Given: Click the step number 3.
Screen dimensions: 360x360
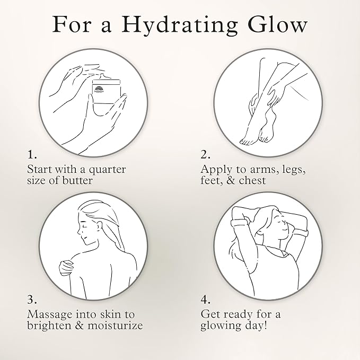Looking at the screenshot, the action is (32, 300).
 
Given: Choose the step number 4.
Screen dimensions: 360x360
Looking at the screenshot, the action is (206, 300).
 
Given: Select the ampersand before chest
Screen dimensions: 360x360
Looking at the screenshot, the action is (231, 180).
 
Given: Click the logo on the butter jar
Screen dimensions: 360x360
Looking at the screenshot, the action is (99, 89).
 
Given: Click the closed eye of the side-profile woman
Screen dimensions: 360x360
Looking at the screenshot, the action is (85, 225).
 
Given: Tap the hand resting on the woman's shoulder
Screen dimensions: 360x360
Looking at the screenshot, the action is (66, 267).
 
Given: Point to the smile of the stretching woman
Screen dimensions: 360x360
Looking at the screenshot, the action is (284, 230).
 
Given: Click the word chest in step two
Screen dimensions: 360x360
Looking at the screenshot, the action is (252, 180).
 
